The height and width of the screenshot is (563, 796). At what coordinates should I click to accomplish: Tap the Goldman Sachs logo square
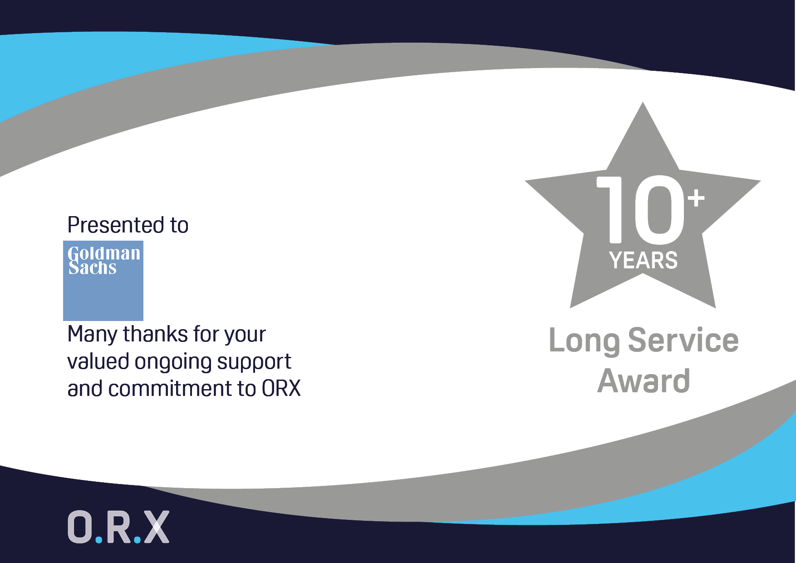pyautogui.click(x=103, y=281)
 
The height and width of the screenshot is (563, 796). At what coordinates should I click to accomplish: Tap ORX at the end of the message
pyautogui.click(x=281, y=389)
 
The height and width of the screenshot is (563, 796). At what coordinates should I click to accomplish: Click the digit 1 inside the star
pyautogui.click(x=611, y=209)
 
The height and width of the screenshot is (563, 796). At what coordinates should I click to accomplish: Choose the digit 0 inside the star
pyautogui.click(x=659, y=209)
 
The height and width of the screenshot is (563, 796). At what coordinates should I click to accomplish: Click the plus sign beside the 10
pyautogui.click(x=696, y=198)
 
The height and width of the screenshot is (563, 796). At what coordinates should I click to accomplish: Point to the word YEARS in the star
pyautogui.click(x=644, y=261)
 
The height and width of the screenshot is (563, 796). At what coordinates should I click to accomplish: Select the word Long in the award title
pyautogui.click(x=584, y=341)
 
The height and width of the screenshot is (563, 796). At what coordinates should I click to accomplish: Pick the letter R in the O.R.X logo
pyautogui.click(x=119, y=527)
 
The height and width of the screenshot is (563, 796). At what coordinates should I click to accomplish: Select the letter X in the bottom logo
pyautogui.click(x=156, y=527)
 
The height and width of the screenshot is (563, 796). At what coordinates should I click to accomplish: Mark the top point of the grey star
pyautogui.click(x=643, y=102)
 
